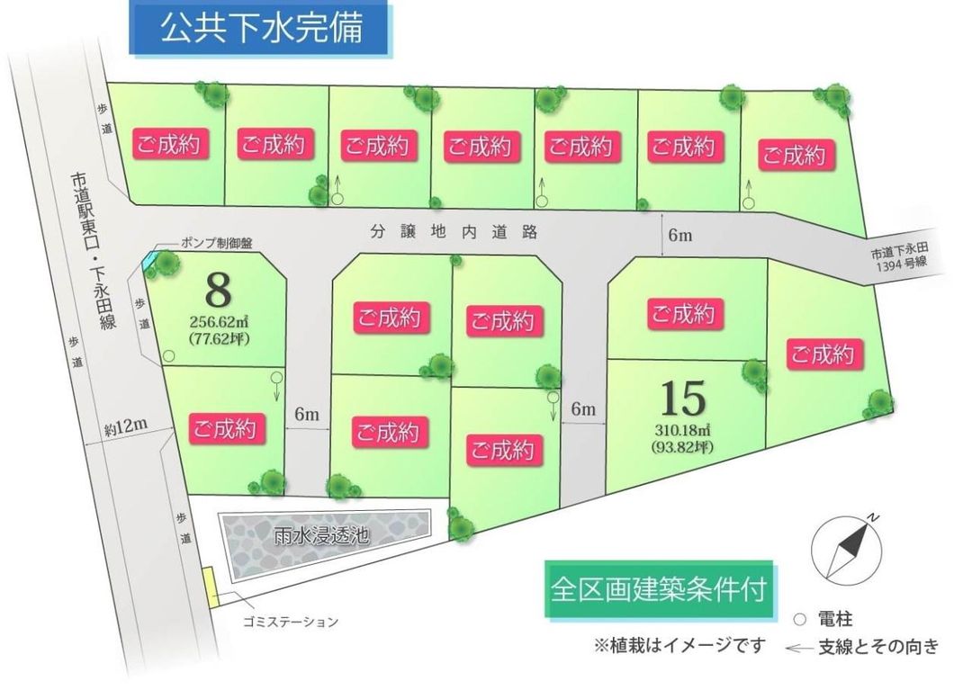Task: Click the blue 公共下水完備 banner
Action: (x=262, y=29)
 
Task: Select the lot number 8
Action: (x=219, y=290)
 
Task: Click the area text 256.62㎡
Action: (x=219, y=321)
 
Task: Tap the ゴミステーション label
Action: (x=291, y=622)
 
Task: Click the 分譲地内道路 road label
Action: (x=454, y=232)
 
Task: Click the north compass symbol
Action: (x=843, y=550)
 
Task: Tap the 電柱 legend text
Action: (x=834, y=619)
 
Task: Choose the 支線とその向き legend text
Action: (x=877, y=646)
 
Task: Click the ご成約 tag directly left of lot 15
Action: (x=505, y=448)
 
